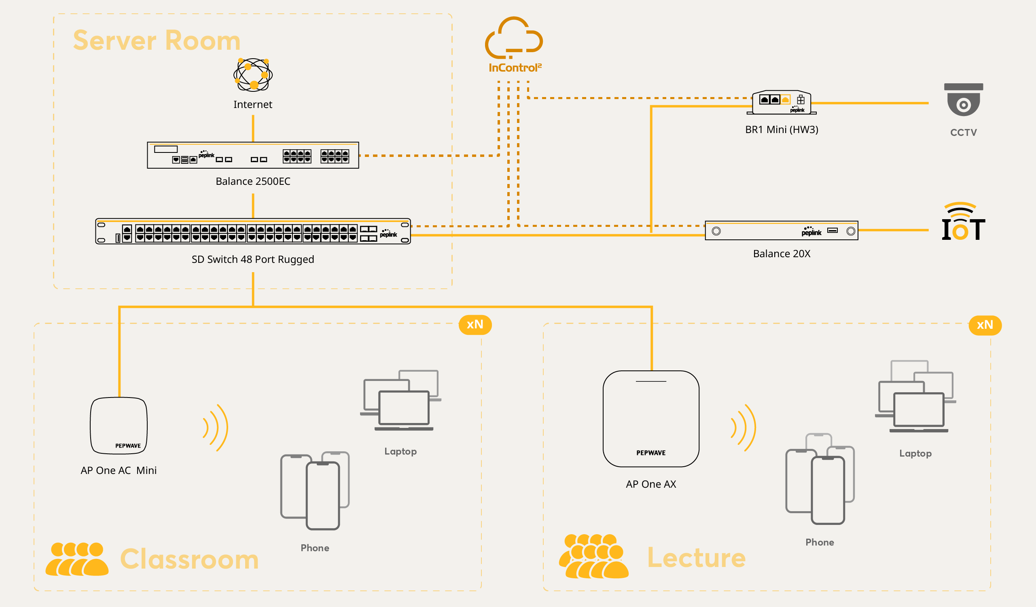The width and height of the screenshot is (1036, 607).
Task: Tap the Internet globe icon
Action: point(253,75)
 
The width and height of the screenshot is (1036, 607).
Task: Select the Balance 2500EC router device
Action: point(253,155)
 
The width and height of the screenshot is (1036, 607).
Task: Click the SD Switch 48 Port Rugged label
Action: point(253,259)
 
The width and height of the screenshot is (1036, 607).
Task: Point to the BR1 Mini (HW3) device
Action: point(782,102)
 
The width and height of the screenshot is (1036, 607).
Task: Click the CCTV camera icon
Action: point(963,100)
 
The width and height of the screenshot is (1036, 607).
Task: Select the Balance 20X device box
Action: point(781,231)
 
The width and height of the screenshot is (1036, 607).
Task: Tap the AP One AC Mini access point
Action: point(119,425)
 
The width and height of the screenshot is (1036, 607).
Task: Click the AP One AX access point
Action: point(651,419)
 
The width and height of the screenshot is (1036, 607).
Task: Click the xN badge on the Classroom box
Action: point(475,325)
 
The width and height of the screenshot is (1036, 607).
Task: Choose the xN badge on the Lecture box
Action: point(985,325)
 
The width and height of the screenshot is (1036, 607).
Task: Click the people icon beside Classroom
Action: point(77,559)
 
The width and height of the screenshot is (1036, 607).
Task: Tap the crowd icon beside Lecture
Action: point(593,556)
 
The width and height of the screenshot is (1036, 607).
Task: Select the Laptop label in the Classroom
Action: point(400,451)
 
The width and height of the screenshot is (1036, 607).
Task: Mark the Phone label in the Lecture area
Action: point(819,542)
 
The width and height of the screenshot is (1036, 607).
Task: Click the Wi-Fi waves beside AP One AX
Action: point(743,427)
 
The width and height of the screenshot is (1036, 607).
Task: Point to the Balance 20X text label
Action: point(782,254)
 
